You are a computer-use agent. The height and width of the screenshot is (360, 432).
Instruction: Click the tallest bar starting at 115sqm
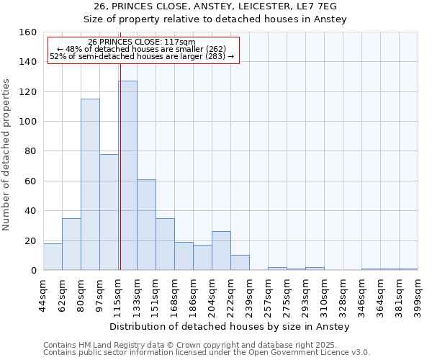point(127,176)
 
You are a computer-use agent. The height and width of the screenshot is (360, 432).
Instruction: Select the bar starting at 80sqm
point(90,184)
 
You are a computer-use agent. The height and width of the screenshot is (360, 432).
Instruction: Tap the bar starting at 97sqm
point(109,212)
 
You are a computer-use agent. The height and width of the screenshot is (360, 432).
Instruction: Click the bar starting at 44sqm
point(53,257)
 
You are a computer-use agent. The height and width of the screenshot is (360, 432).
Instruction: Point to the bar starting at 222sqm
point(240,263)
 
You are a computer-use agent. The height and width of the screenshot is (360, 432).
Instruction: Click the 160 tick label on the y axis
point(29,32)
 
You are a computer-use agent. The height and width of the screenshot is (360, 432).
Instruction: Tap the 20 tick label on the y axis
point(32,240)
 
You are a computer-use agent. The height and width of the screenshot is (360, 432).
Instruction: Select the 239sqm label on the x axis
point(249,294)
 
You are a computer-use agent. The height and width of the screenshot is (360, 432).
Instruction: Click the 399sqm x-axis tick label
point(418,294)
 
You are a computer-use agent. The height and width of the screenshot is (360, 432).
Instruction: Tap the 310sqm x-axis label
point(324,294)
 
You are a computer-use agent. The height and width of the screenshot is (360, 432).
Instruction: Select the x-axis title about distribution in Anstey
point(230,327)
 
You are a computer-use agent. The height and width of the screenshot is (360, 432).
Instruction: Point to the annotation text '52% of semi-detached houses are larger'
point(142,56)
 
